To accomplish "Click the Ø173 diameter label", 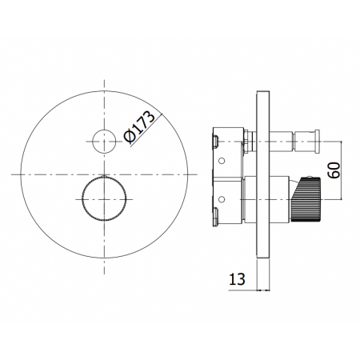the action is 139,126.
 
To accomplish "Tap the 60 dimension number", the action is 334,170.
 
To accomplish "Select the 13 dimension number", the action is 237,279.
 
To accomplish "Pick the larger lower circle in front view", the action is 82,199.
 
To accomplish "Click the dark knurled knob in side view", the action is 306,199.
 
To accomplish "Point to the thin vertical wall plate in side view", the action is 263,174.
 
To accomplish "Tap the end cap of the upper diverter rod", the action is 317,142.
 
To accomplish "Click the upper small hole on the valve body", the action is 222,161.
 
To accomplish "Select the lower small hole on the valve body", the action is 222,199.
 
